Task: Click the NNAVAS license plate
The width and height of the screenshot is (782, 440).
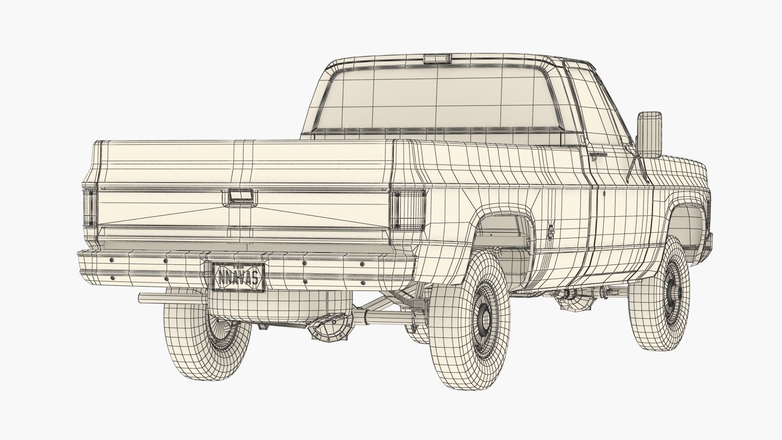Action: coord(238,277)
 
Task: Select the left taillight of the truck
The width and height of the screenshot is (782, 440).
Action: coord(90,208)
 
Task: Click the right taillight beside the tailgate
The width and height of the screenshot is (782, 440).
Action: coord(409,209)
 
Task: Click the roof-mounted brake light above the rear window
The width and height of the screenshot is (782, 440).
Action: coord(437,59)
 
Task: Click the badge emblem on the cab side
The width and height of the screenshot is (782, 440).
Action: coord(597,155)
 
